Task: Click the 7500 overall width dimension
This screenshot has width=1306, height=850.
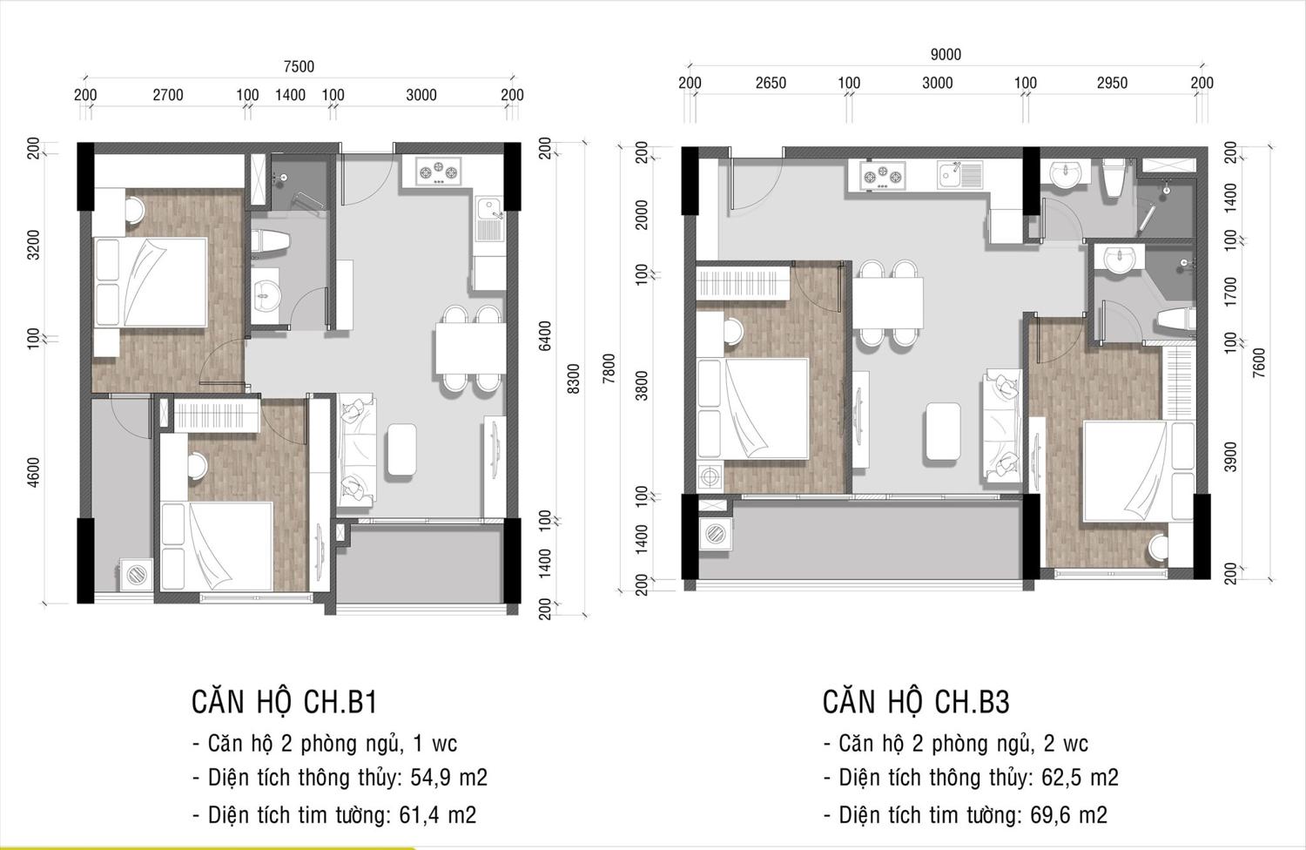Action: (x=299, y=67)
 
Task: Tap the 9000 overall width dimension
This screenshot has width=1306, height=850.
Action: (x=946, y=55)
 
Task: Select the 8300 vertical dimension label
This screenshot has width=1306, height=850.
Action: (x=574, y=379)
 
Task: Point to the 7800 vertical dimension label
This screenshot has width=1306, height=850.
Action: (x=609, y=368)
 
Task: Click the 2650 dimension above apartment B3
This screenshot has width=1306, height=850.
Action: (x=771, y=84)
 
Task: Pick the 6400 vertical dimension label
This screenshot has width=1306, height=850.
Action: (x=544, y=336)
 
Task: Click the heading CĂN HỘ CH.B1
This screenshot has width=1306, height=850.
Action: (x=285, y=702)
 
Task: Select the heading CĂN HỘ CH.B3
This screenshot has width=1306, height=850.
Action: (x=916, y=702)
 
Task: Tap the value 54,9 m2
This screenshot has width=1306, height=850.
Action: (x=449, y=778)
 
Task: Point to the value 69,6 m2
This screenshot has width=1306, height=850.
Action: (x=1068, y=815)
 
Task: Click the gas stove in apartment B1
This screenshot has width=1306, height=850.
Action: (x=439, y=172)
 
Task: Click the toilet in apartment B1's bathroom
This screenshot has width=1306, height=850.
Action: (x=271, y=243)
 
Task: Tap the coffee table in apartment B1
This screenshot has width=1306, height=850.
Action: (x=401, y=449)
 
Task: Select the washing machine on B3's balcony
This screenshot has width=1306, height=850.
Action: (x=716, y=534)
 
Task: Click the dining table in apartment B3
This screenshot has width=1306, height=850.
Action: (x=888, y=303)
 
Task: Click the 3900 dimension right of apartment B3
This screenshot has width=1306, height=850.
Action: (x=1229, y=457)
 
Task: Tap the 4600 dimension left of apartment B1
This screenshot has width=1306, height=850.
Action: (x=34, y=473)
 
